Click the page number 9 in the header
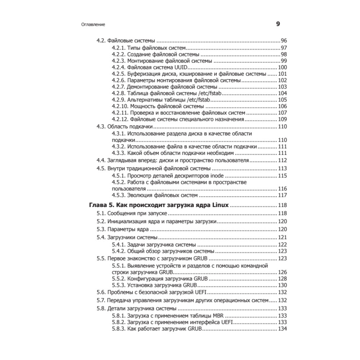tap(278, 24)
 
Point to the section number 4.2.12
tap(120, 119)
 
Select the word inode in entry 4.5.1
tap(217, 176)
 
